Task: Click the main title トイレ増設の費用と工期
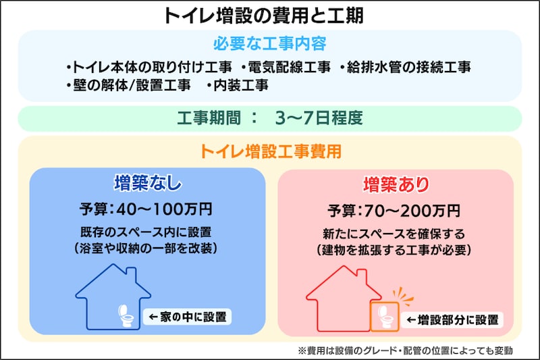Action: (269, 16)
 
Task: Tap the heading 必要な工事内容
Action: (269, 45)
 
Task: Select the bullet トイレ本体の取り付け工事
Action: (149, 68)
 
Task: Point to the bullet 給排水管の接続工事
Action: (405, 68)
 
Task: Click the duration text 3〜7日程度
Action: (319, 118)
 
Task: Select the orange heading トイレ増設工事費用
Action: (269, 151)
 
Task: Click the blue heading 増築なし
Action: (148, 184)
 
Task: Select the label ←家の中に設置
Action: (184, 316)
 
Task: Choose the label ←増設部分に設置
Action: (452, 319)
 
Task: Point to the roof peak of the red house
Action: (344, 267)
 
